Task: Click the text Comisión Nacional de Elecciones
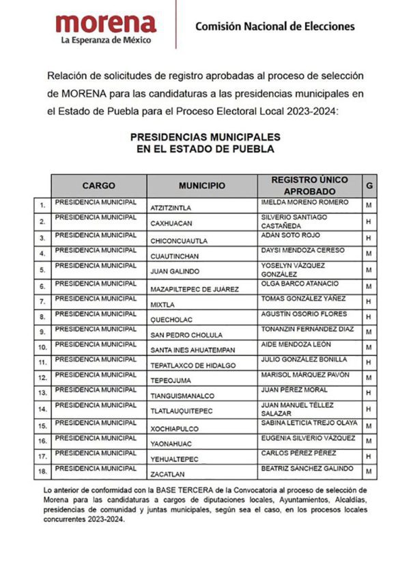coord(274,27)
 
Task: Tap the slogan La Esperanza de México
coord(106,40)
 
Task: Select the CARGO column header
coord(99,186)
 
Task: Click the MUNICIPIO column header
coord(202,186)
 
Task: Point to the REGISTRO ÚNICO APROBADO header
coord(309,186)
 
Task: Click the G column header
coord(369,186)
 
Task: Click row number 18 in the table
coord(42,471)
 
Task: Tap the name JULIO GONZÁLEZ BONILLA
coord(306,359)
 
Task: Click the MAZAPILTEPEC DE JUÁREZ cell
coord(195,289)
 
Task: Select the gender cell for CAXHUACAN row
coord(369,221)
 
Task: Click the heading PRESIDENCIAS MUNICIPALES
coord(205,137)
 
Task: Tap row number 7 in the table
coord(42,301)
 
